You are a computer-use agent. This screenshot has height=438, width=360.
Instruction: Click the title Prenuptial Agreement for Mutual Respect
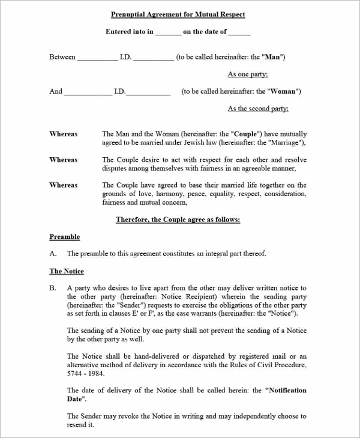click(x=178, y=14)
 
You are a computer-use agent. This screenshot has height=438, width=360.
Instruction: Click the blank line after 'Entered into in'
click(x=168, y=33)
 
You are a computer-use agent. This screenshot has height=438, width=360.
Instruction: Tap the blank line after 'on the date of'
click(x=239, y=33)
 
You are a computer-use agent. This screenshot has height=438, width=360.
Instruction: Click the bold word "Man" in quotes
click(x=274, y=57)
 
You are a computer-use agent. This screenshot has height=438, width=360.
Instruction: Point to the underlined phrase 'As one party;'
click(x=248, y=74)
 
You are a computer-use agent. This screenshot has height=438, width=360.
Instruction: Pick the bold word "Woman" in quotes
click(x=283, y=92)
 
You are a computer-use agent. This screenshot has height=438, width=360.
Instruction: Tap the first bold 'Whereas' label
click(x=63, y=134)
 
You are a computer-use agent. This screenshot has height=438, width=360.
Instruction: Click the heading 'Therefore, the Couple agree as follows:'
click(x=178, y=220)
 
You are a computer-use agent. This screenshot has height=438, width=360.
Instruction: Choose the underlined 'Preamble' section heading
click(x=64, y=237)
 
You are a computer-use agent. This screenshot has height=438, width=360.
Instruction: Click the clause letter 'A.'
click(x=53, y=254)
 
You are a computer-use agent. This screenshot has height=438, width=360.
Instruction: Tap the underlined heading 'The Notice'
click(x=67, y=271)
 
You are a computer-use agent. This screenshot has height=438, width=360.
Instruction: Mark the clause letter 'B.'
click(x=53, y=289)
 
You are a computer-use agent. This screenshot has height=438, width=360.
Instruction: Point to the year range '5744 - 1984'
click(x=85, y=373)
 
